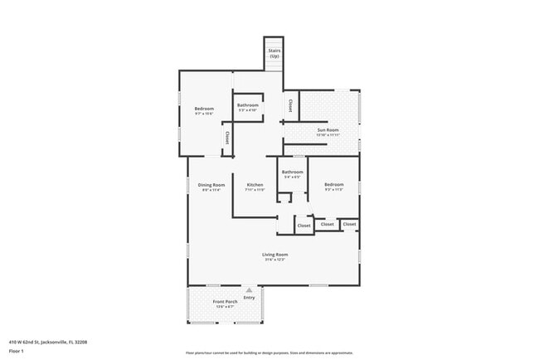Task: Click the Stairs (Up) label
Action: (x=274, y=53)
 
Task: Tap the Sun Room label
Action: (x=328, y=129)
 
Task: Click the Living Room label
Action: (x=275, y=254)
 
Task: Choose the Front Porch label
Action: (x=224, y=301)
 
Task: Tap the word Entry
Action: (x=260, y=297)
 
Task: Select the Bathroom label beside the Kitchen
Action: (x=292, y=172)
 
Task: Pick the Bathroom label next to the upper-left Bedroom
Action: (x=248, y=105)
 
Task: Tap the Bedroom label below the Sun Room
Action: (x=333, y=183)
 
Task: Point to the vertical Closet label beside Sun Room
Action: (x=290, y=106)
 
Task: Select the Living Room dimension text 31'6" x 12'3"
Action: (x=275, y=260)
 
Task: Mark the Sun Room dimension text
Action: (x=328, y=135)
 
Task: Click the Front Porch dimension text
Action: (x=224, y=307)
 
